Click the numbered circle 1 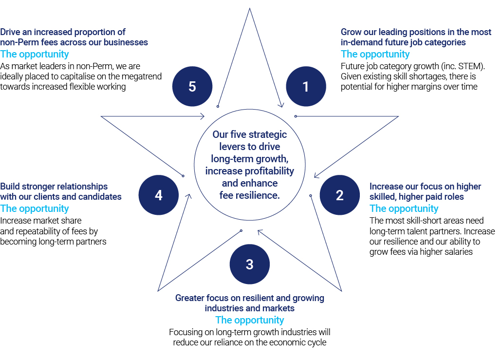tap(305, 87)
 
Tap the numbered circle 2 tap(339, 195)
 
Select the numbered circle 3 tap(249, 264)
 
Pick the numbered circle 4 tap(158, 195)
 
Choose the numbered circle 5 tap(192, 87)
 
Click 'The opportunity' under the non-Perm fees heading tap(35, 54)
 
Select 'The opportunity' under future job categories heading tap(375, 54)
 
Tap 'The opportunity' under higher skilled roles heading tap(404, 208)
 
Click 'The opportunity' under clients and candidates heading tap(35, 208)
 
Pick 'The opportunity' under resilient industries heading tap(249, 320)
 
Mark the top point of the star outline tap(250, 9)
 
